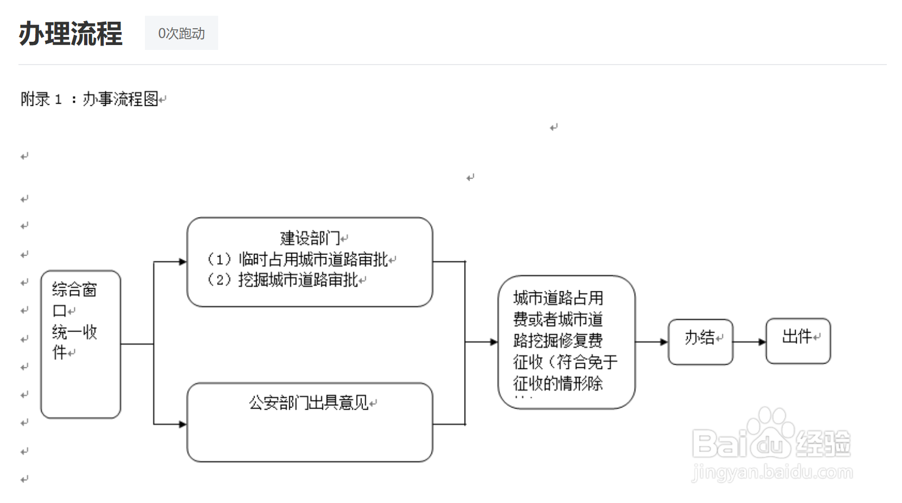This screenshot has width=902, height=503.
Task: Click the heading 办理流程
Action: click(71, 33)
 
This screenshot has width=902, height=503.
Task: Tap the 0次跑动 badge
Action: click(181, 33)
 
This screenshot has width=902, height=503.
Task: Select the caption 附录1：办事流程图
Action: click(92, 99)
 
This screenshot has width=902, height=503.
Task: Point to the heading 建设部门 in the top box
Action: click(310, 238)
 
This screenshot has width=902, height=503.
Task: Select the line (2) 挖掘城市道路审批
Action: click(283, 280)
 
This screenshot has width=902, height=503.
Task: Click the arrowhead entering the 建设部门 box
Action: click(183, 262)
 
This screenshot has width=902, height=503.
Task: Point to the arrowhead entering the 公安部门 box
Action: click(183, 424)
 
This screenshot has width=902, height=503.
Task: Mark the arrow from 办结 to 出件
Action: click(749, 342)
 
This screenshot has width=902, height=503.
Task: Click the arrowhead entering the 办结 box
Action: click(664, 342)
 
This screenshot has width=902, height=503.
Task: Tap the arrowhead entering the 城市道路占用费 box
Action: click(494, 342)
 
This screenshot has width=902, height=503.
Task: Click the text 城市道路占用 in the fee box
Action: click(558, 298)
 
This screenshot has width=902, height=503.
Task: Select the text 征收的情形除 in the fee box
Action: click(558, 384)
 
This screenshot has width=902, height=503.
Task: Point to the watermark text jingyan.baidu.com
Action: click(772, 473)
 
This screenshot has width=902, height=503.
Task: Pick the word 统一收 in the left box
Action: click(74, 332)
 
